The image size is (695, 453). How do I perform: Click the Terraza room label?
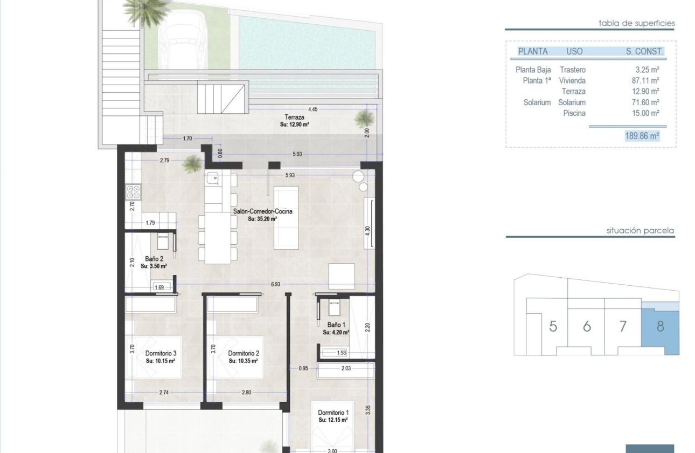click(x=295, y=117)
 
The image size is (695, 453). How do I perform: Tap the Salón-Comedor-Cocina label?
click(x=262, y=212)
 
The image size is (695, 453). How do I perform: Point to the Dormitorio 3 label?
click(x=161, y=354)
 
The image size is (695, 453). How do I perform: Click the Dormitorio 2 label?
click(x=244, y=354)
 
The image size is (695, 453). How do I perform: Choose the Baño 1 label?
click(x=336, y=325)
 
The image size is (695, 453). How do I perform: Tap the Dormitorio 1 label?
click(x=333, y=412)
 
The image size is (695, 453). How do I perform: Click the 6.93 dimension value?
click(x=276, y=284)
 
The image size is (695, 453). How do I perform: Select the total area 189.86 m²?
click(x=642, y=136)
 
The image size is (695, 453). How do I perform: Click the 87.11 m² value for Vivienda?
click(x=647, y=80)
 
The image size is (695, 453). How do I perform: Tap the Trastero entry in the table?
click(x=573, y=70)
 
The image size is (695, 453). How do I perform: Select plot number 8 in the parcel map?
click(x=660, y=326)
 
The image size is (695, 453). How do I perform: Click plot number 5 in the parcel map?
click(x=553, y=326)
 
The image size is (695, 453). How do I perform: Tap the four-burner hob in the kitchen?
click(x=133, y=191)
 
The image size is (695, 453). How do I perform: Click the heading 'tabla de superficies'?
click(x=636, y=23)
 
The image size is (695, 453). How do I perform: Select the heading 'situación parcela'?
click(x=640, y=230)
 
